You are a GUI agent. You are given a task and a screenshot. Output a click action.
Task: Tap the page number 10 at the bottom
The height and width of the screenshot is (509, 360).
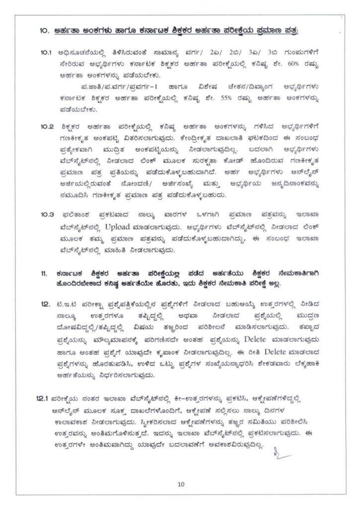[x=180, y=484]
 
